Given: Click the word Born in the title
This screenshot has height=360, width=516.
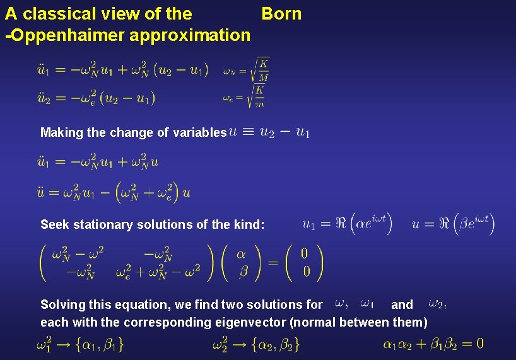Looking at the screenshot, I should point(281,14).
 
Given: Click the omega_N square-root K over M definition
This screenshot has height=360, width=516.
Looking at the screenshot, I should point(246,69).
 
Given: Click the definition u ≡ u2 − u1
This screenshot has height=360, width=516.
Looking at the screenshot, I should point(269,132).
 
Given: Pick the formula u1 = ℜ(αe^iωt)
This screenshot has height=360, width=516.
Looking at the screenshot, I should point(347,224).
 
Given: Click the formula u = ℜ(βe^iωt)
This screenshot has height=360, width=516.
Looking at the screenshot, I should point(453,224).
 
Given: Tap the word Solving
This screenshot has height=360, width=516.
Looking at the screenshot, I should point(63,305).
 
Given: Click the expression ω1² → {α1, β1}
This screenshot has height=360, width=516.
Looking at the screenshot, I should point(80,344).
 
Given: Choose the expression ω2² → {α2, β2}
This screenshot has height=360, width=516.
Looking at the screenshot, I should point(255,344).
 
